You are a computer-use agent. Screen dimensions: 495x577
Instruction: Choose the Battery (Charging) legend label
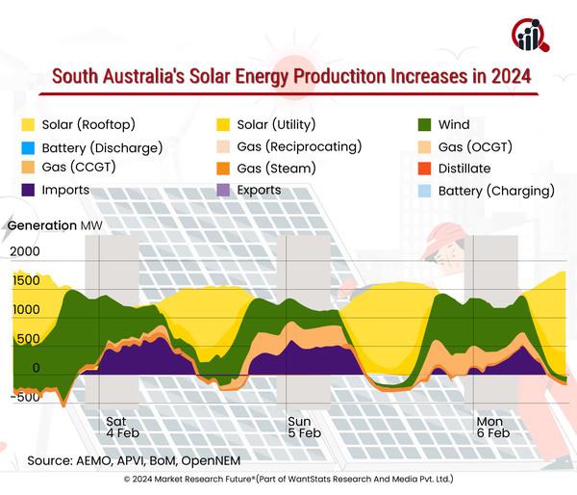pos(496,190)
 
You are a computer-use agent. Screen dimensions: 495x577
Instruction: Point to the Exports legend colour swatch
pos(227,190)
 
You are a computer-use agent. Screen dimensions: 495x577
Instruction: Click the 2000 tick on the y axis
pos(26,251)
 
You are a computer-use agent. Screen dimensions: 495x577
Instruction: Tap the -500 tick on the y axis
pos(26,397)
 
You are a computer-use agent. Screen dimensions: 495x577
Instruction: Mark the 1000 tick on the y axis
pos(26,310)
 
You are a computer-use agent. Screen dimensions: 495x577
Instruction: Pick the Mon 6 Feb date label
pos(493,428)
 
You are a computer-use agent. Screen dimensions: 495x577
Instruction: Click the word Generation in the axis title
pos(41,225)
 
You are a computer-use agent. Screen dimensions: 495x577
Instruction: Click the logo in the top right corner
pos(531,35)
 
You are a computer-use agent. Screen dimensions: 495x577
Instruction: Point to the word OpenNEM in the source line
pos(213,459)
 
